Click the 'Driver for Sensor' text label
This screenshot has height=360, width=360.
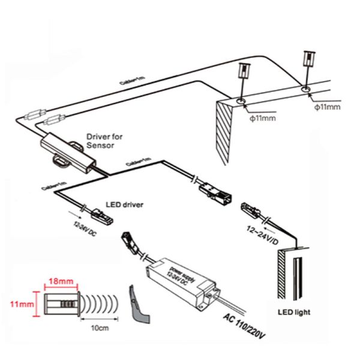point(104,142)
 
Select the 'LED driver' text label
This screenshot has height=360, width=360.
point(125,205)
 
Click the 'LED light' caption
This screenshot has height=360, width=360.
point(295,313)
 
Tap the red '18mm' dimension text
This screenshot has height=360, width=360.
point(60,280)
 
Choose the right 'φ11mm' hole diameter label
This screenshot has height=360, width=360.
point(326,106)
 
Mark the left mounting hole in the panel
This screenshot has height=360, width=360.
point(241,101)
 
